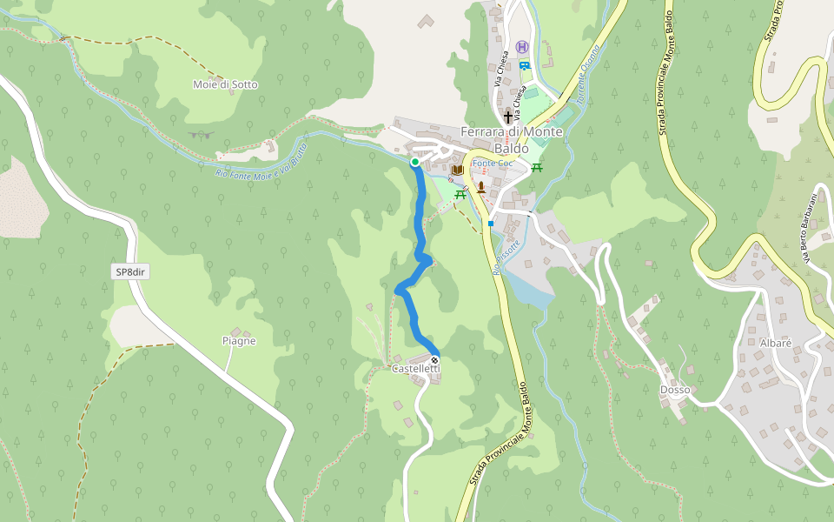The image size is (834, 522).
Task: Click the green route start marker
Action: point(415,162)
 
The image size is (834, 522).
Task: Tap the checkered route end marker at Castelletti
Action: point(434,359)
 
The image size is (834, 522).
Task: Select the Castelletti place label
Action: point(415,370)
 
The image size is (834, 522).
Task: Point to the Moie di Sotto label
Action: point(225,84)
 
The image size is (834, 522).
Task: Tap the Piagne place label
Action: point(238,341)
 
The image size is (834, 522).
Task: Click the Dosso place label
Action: point(674,390)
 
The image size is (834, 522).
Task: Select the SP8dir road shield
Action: point(132,272)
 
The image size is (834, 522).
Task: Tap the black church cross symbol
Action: point(508,117)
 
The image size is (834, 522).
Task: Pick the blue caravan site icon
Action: point(524,65)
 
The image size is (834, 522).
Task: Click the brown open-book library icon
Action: point(457,170)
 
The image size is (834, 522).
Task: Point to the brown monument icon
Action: point(480,186)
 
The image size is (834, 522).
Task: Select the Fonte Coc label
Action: point(493,164)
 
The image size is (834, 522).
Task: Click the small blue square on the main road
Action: point(491,224)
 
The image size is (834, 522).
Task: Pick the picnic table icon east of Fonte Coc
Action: point(538,167)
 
